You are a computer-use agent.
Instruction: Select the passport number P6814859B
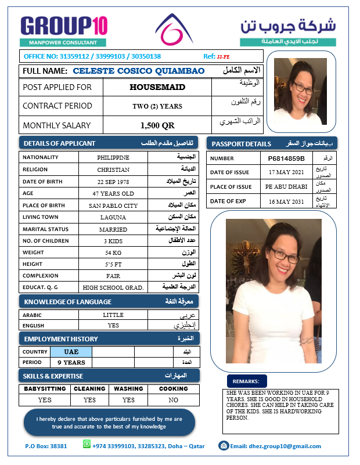pos(286,158)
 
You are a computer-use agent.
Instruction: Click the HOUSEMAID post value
pos(157,87)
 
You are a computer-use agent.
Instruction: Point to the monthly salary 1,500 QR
pos(157,125)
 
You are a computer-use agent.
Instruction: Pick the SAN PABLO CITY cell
pos(113,206)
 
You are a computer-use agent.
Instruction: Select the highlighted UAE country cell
pos(71,352)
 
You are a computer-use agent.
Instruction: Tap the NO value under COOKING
pos(173,400)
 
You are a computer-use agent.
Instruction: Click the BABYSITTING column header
pos(45,389)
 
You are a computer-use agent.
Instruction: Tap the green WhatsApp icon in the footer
pos(87,444)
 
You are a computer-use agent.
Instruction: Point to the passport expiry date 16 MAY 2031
pos(286,201)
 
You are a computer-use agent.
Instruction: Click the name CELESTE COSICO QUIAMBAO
pos(139,71)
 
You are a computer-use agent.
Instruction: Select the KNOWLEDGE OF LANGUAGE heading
pos(67,301)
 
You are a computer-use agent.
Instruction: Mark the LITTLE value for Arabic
pos(113,315)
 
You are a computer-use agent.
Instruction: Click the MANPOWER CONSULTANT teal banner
pos(63,42)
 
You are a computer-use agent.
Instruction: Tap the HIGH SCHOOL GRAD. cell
pos(113,287)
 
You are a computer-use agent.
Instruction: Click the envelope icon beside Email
pos(223,445)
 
